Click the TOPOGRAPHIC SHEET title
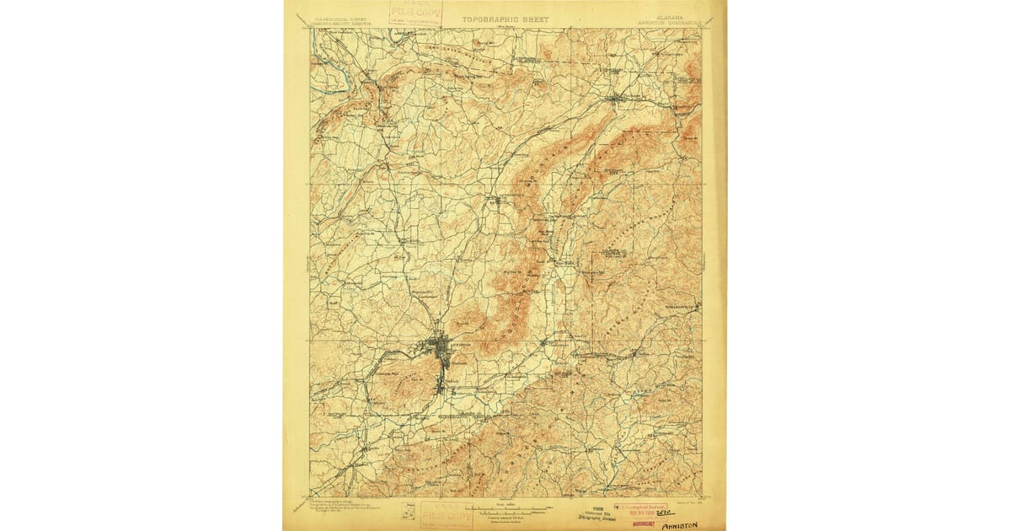tap(505, 18)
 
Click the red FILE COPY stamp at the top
tap(415, 12)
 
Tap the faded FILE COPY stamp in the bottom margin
tap(447, 512)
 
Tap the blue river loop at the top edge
tap(397, 35)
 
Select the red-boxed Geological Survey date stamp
tap(640, 508)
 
